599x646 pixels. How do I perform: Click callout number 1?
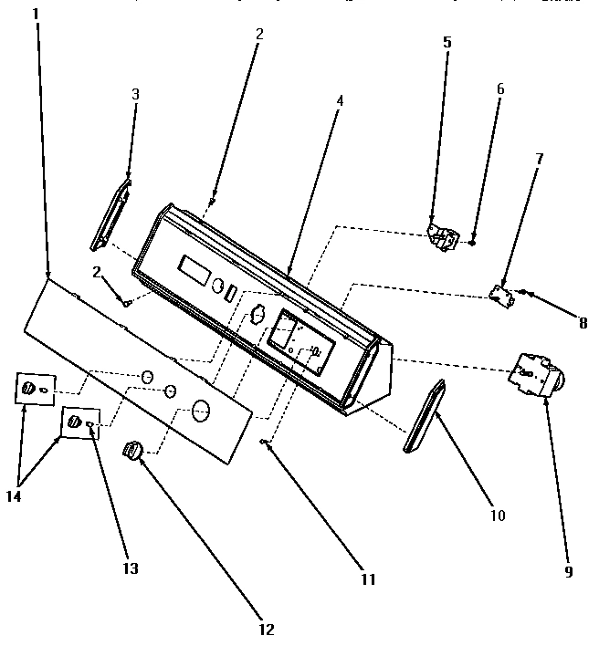coord(36,15)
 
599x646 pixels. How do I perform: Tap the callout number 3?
coord(135,94)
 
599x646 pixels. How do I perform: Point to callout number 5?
coord(447,41)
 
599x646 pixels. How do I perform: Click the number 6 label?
coord(499,89)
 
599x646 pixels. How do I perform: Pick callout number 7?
coord(539,158)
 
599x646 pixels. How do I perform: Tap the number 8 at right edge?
coord(582,322)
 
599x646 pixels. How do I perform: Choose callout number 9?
coord(568,572)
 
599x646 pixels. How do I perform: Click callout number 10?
coord(497,516)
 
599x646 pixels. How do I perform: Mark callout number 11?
coord(367,578)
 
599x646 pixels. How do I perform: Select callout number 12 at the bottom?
coord(267,629)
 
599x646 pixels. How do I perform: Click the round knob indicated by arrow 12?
coord(132,451)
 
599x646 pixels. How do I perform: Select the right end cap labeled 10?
coord(422,417)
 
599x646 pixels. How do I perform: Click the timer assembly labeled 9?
coord(537,374)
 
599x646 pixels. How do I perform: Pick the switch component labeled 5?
coord(444,236)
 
